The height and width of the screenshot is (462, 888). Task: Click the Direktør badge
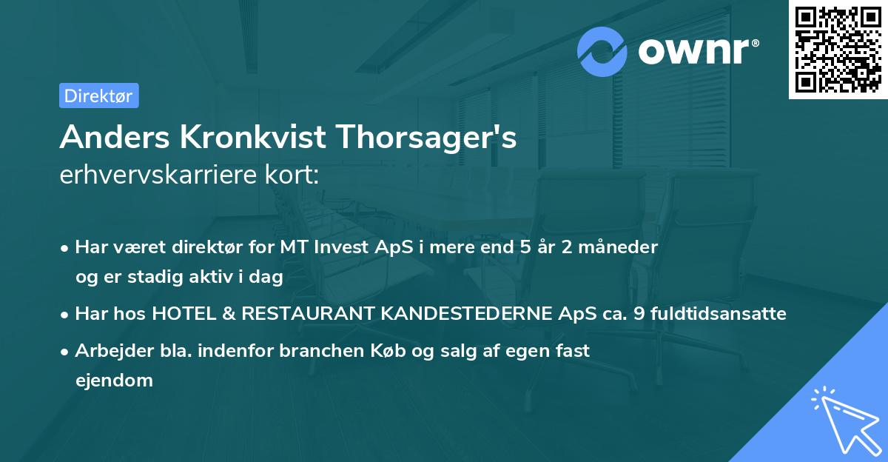click(98, 96)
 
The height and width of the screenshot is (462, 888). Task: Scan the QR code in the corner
click(838, 50)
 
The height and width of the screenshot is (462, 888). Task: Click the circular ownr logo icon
click(602, 51)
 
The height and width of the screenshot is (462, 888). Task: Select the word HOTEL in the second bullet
click(181, 314)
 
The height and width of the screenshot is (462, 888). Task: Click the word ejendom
click(114, 381)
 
